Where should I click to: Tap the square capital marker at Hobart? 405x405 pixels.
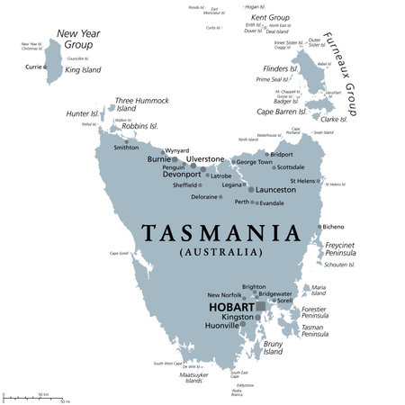click(x=261, y=307)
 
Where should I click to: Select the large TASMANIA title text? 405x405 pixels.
click(x=220, y=233)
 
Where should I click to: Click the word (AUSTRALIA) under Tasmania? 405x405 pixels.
click(x=220, y=253)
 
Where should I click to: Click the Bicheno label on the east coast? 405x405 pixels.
click(x=332, y=227)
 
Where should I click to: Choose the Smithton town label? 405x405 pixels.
click(x=126, y=147)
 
